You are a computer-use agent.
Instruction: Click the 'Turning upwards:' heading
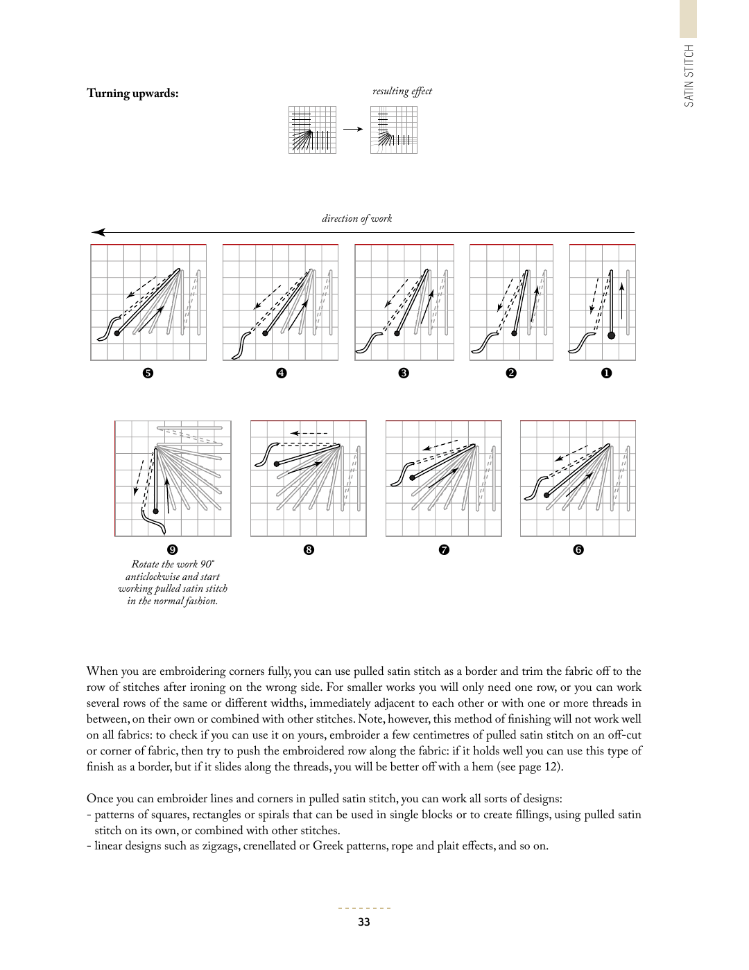point(132,94)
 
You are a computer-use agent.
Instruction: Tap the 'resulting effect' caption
point(402,91)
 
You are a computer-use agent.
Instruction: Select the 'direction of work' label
point(357,218)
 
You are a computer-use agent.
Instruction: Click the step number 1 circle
point(606,373)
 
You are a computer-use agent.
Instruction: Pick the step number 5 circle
point(148,373)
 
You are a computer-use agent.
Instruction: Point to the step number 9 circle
point(172,549)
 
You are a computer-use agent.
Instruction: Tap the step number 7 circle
point(444,549)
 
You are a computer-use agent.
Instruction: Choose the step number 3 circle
point(404,373)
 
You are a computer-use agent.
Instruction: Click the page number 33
point(364,921)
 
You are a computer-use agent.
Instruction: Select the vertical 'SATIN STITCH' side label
point(689,76)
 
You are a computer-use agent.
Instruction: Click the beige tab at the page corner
point(688,19)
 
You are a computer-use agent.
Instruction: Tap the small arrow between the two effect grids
point(353,130)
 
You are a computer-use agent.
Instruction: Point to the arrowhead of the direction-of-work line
point(98,232)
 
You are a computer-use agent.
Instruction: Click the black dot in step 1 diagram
point(612,335)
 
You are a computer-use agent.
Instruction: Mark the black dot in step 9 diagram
point(155,511)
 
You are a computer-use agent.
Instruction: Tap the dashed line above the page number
point(365,908)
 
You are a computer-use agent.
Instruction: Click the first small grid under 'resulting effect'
point(312,130)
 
